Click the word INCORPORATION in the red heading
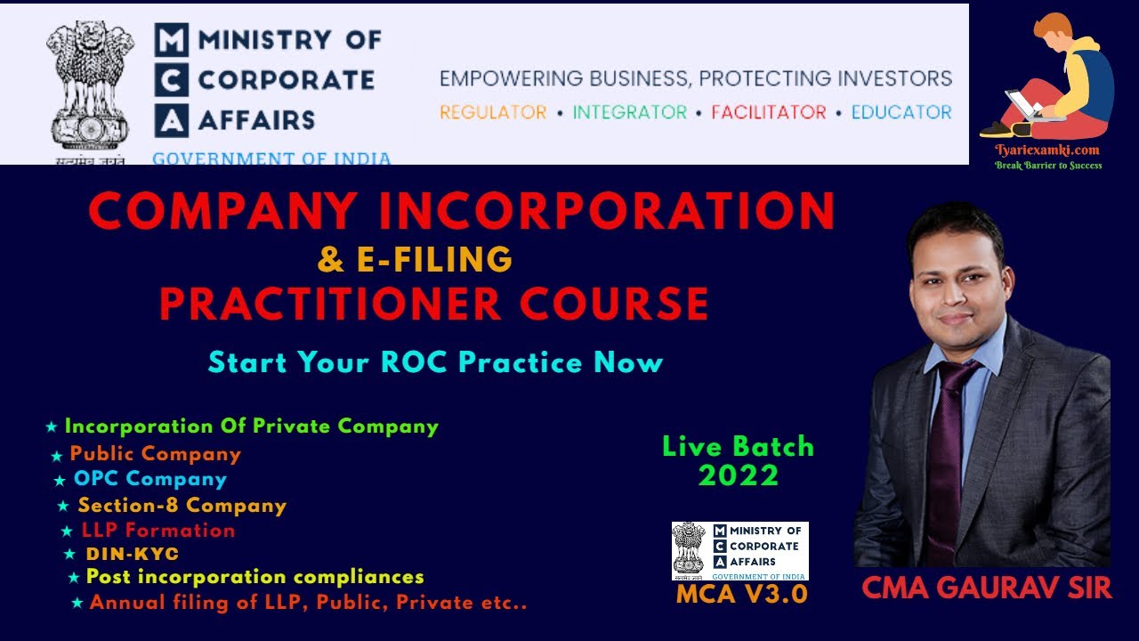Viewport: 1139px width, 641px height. point(607,212)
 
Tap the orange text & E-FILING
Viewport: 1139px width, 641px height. point(416,259)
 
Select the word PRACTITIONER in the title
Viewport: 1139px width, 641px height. point(330,304)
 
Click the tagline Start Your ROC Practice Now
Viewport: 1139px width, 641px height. point(435,362)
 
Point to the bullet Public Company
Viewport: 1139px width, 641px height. point(156,454)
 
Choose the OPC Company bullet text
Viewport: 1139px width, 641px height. point(150,479)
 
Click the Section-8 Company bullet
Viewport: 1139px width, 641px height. point(182,506)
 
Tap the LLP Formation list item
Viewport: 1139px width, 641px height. point(158,531)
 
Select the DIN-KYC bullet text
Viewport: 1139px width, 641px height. point(133,554)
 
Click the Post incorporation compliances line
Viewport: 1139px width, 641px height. point(254,577)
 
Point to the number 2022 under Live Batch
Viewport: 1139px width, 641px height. point(738,476)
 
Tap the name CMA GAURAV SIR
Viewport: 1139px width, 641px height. point(987,588)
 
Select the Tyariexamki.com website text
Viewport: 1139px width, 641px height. point(1047,150)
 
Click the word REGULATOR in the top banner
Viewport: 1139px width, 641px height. point(493,113)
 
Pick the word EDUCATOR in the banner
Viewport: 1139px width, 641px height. point(901,113)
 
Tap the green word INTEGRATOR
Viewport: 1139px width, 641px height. point(629,113)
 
